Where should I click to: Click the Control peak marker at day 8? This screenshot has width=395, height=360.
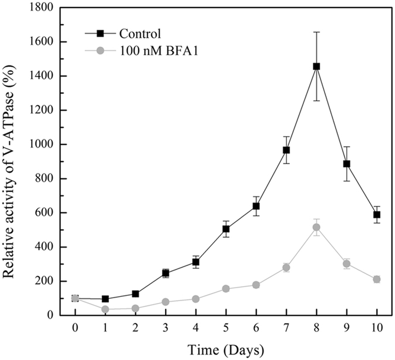[316, 66]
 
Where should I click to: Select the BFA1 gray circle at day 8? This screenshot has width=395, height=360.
[316, 227]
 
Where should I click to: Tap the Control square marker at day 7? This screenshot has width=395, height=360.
[286, 150]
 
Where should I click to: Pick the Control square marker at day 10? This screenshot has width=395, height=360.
[377, 215]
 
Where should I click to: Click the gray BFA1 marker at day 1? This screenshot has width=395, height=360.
[105, 309]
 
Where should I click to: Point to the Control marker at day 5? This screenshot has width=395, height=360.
[226, 229]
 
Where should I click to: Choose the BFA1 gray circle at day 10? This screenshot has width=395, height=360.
[377, 279]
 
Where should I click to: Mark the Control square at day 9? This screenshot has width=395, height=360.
[347, 164]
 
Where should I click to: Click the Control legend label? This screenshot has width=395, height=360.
[140, 33]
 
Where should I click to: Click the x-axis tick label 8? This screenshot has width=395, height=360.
[316, 328]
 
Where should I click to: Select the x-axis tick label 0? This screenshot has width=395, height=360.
[75, 328]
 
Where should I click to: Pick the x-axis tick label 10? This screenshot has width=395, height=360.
[377, 328]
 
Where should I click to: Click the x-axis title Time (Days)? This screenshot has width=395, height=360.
[225, 348]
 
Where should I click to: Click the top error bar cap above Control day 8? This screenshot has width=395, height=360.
[316, 32]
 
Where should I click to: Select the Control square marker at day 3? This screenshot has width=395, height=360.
[165, 274]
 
